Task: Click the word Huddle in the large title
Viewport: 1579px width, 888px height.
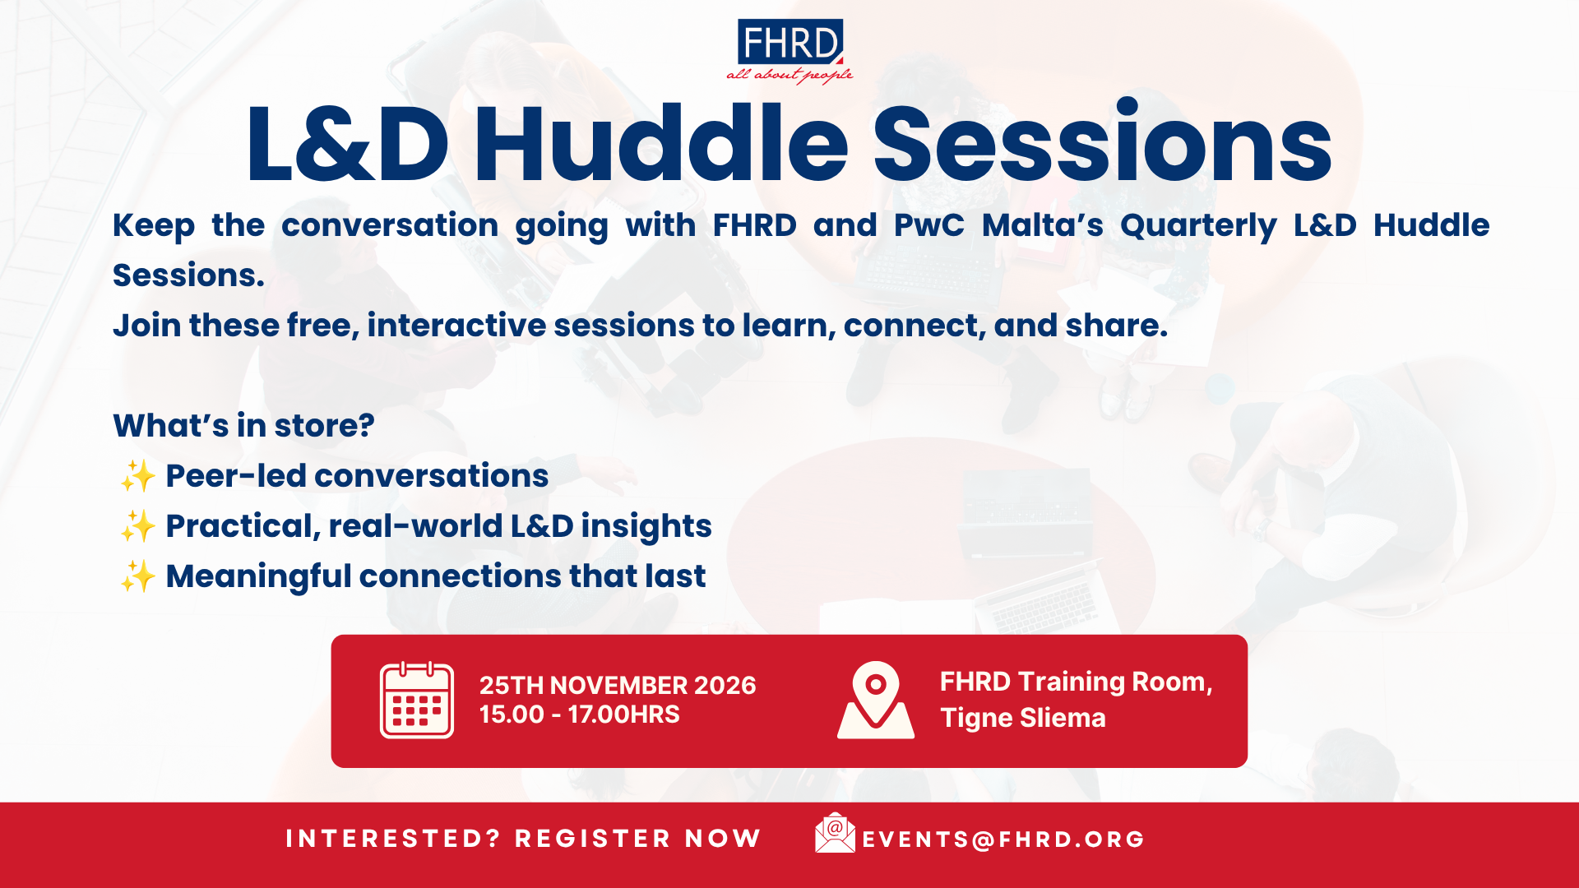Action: coord(660,144)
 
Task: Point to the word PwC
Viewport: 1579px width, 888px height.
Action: coord(929,225)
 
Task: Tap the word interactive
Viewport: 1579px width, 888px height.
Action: coord(456,326)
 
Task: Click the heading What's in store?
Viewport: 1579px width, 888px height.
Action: coord(243,426)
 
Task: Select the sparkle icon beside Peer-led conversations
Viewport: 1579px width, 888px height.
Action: coord(138,476)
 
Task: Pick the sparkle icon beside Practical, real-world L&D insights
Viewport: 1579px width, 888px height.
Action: coord(138,526)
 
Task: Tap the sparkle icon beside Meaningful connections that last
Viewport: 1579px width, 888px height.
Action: coord(138,576)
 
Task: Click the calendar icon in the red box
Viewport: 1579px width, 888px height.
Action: coord(417,700)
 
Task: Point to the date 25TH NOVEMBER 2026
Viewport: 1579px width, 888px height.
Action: coord(618,686)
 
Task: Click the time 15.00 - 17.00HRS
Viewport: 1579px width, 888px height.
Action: coord(580,715)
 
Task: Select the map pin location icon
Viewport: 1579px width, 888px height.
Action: coord(876,700)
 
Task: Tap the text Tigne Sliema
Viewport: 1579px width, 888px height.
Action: coord(1023,718)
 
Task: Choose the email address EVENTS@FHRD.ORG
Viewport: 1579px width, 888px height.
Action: coord(1003,839)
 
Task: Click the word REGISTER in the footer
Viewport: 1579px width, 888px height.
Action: coord(593,839)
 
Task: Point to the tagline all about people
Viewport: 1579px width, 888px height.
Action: coord(789,76)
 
